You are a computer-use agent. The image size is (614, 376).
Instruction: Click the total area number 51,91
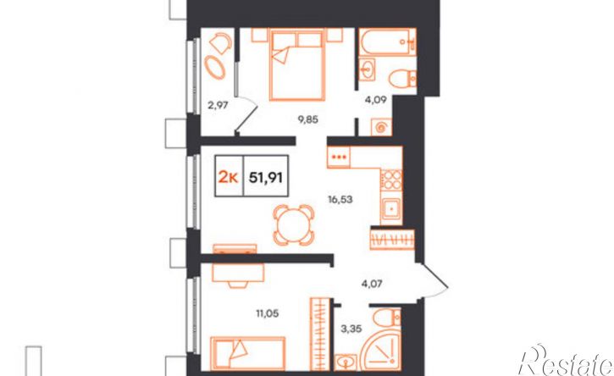point(266,178)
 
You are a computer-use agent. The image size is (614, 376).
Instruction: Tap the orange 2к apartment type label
point(228,178)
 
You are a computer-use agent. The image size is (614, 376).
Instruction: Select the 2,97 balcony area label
point(218,104)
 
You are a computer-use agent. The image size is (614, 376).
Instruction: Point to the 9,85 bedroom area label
point(307,119)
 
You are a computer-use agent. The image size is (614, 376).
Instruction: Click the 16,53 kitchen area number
point(340,200)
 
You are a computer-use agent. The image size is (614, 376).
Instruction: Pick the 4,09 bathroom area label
point(376,100)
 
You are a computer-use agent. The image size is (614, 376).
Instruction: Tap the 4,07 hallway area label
point(372,283)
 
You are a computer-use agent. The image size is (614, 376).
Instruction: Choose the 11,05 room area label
point(268,313)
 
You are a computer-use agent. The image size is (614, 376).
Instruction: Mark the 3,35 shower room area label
point(351,329)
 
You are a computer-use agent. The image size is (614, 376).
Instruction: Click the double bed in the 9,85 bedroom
point(297,64)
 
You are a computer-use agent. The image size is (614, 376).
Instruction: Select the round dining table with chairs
point(294,225)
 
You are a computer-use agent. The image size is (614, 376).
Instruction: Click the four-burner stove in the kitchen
point(391,180)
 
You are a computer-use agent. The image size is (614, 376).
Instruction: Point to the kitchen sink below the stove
point(391,209)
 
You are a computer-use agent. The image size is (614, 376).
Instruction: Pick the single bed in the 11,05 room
point(247,353)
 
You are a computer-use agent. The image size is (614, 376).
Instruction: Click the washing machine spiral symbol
point(381,127)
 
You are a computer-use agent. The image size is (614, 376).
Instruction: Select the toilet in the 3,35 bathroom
point(386,318)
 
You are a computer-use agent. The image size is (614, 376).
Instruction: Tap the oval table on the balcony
point(215,68)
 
